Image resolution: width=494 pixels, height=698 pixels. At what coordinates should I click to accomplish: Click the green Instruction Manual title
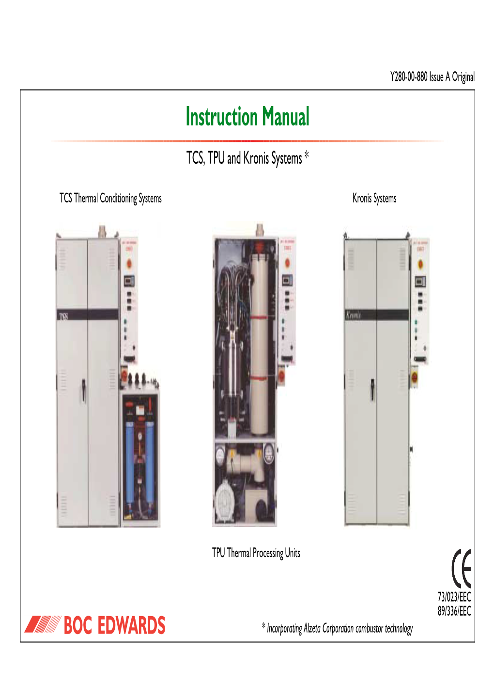point(247,117)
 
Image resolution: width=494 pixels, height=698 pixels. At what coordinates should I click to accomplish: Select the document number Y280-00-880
point(409,77)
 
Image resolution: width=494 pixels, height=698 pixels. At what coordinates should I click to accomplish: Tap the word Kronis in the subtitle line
point(256,158)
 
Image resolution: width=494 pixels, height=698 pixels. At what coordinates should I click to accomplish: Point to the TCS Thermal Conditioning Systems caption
point(110,199)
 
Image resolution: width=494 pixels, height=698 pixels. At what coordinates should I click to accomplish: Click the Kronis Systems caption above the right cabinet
point(374,199)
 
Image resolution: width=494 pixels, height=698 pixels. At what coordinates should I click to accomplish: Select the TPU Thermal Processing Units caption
point(256,553)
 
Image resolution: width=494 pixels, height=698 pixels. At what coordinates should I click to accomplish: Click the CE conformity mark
point(461,569)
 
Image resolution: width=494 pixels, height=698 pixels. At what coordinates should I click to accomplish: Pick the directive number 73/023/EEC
point(454,597)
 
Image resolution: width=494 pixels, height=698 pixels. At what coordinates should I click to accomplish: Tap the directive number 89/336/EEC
point(454,611)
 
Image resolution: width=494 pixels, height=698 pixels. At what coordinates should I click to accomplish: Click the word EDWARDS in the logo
point(131,626)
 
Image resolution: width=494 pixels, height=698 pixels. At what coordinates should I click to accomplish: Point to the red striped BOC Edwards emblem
point(43,625)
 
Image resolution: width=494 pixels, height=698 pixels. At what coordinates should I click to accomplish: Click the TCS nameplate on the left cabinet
point(64,316)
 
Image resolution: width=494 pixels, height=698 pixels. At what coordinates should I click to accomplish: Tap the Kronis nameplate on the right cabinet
point(354,315)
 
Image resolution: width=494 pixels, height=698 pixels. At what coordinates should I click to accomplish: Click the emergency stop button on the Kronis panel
point(420,264)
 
